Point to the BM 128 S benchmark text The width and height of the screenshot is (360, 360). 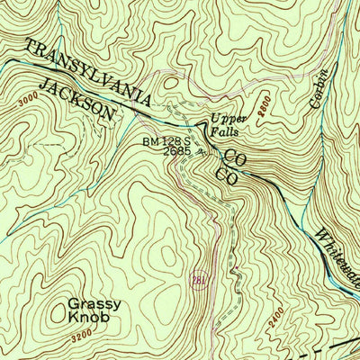(168, 141)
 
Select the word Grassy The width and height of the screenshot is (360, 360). (94, 303)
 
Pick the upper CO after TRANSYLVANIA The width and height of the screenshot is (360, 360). (235, 158)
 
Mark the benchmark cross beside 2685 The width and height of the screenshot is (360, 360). (200, 152)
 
